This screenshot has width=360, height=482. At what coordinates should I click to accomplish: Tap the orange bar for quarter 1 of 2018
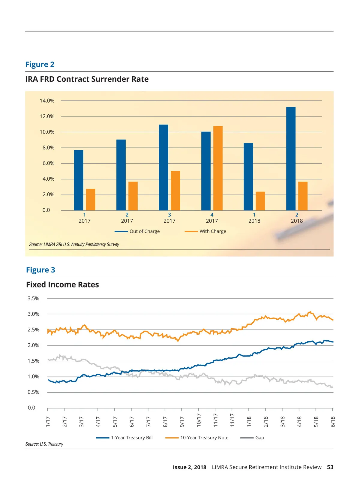click(260, 201)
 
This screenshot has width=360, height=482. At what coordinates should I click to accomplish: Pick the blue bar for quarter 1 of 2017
click(79, 180)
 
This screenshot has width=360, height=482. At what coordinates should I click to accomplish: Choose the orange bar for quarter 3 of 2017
click(175, 191)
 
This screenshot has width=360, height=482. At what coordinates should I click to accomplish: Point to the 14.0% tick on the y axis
click(47, 101)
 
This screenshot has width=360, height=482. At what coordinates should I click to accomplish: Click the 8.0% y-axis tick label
click(47, 148)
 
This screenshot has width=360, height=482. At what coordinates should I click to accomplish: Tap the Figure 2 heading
click(40, 65)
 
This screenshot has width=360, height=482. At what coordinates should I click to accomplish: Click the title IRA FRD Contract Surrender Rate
click(87, 79)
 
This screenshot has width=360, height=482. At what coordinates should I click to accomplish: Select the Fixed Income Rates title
click(62, 285)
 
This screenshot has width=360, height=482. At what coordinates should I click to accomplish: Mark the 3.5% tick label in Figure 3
click(33, 299)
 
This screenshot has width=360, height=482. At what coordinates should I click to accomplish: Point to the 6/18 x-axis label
click(333, 421)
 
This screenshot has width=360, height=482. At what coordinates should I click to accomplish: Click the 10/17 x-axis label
click(199, 420)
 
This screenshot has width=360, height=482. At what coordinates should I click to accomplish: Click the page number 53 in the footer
click(330, 467)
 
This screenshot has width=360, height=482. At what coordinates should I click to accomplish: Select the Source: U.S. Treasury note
click(44, 444)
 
